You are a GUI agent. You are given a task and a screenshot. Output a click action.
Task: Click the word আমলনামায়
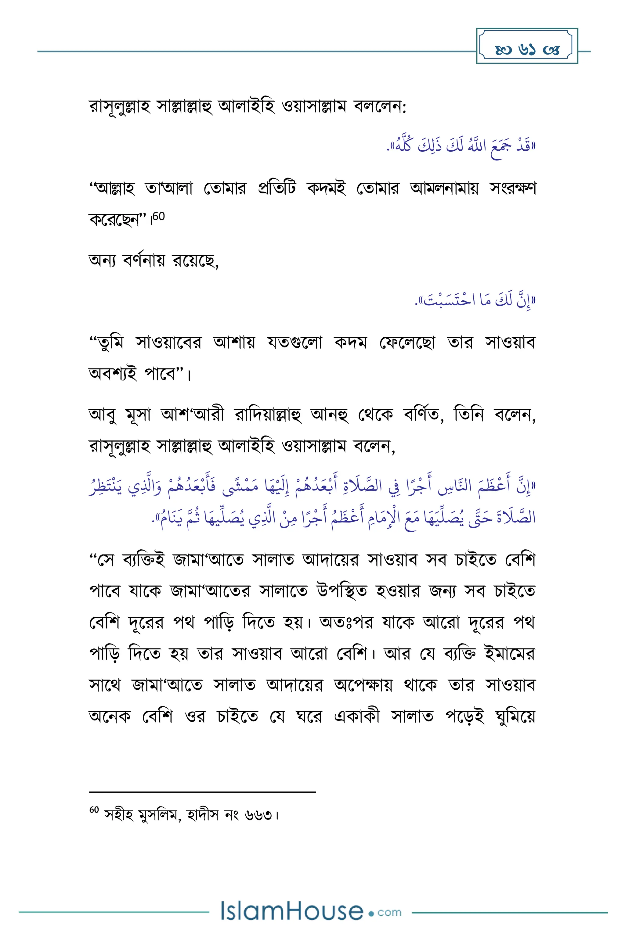pos(444,188)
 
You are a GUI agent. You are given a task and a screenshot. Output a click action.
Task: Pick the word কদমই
pos(327,188)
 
